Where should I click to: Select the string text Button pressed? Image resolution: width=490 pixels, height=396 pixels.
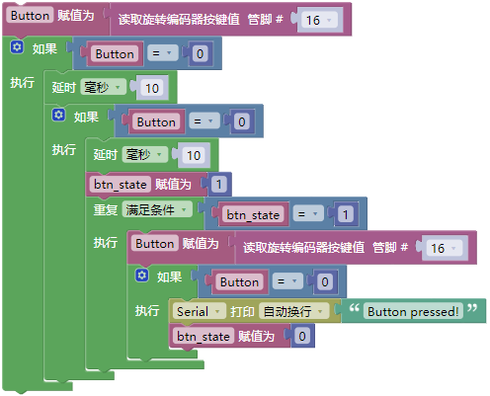point(413,311)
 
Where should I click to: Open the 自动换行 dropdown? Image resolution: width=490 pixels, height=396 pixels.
point(293,311)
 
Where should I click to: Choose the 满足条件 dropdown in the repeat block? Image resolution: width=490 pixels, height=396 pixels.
point(157,209)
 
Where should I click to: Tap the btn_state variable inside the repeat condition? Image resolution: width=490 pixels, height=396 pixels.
point(253,214)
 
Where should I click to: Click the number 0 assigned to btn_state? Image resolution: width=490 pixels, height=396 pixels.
point(302,336)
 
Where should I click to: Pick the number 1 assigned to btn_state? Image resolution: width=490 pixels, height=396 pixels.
point(218,185)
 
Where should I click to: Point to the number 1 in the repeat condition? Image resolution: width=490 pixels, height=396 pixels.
point(346,214)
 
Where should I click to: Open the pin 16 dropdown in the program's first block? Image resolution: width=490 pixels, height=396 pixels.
point(318,20)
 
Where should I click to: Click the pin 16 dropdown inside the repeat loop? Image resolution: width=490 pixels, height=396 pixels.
point(443,248)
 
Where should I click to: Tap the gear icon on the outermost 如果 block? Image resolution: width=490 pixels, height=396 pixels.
point(17,47)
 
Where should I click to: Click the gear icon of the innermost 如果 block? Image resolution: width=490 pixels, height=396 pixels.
point(142,276)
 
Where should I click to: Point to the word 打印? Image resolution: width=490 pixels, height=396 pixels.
point(242,311)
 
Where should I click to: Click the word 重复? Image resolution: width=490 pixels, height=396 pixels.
point(105,209)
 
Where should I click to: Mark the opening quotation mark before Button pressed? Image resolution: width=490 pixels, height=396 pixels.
point(354,308)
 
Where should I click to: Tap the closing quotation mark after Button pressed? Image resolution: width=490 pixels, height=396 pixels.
point(472,308)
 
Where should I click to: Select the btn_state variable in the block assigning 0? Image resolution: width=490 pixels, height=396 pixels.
point(203,336)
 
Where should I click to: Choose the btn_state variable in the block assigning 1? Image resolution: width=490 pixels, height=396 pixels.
point(121,185)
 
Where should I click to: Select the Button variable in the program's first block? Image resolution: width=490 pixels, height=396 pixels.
point(30,15)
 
